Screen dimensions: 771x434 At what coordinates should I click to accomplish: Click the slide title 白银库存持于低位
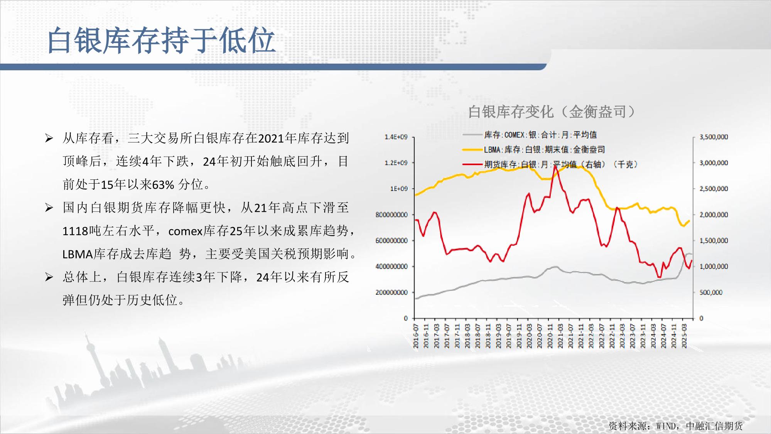tap(161, 40)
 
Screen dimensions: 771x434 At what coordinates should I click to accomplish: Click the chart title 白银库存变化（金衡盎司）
tap(552, 112)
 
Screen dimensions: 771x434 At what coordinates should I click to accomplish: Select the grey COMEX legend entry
tap(530, 135)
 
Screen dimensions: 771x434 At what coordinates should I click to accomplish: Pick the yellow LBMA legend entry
tap(533, 149)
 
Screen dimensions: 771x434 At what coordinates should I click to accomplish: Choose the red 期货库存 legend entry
tap(550, 164)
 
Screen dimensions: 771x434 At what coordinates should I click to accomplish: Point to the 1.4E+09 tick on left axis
tap(396, 137)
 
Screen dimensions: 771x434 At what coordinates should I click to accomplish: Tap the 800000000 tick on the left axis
tap(391, 215)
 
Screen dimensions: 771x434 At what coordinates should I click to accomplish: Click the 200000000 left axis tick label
tap(391, 292)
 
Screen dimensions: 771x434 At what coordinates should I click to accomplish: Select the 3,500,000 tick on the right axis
tap(714, 137)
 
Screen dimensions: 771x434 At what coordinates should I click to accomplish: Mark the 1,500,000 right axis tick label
tap(714, 241)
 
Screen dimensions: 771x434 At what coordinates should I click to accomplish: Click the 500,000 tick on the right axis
tap(711, 292)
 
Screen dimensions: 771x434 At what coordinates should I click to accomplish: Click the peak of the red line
tap(555, 165)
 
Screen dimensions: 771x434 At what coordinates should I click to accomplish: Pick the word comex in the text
tap(186, 231)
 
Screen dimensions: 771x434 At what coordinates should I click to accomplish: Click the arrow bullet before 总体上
tap(49, 277)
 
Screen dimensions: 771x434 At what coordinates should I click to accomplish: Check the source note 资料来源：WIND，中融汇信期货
tap(675, 426)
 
